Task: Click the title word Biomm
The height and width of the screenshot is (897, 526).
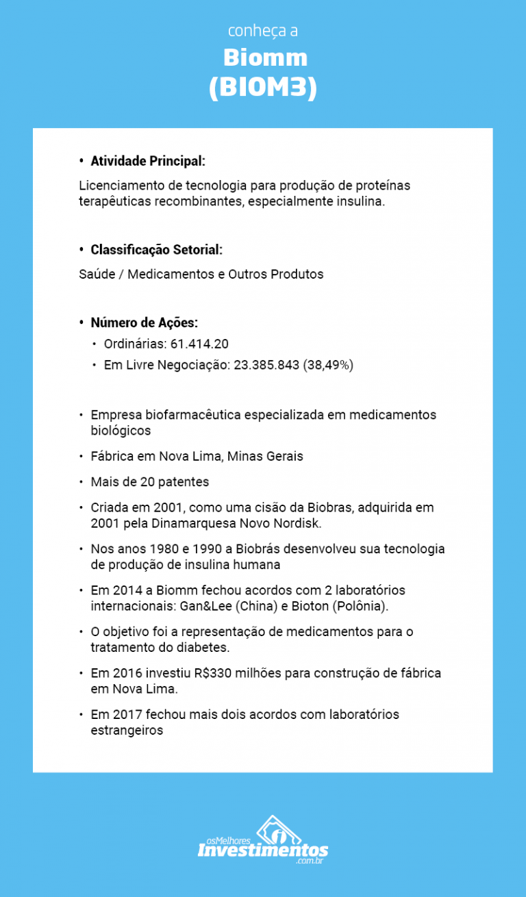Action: coord(265,58)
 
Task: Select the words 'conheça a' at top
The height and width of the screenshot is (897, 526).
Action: coord(262,31)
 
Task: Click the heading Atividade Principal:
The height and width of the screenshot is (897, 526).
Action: coord(148,161)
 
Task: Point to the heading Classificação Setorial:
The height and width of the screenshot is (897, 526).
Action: coord(156,249)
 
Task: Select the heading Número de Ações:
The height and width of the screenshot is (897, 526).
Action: coord(145,323)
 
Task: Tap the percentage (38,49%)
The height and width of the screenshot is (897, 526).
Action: coord(328,365)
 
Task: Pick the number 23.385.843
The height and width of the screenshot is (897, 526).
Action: coord(266,365)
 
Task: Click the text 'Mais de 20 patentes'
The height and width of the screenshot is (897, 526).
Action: coord(150,482)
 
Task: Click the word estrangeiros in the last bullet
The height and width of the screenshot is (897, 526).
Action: coord(127,730)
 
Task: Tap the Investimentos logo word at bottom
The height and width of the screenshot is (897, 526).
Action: coord(263,850)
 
